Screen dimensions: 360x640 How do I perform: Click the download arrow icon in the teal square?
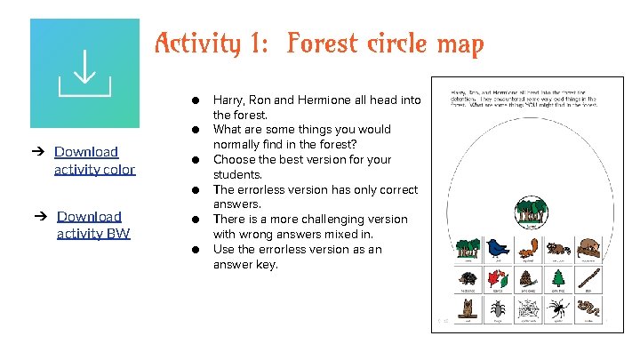[x=84, y=73]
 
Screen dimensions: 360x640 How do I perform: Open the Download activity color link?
[x=94, y=160]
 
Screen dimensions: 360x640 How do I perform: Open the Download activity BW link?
[x=93, y=225]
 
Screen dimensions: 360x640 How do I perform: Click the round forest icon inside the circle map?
[x=530, y=213]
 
